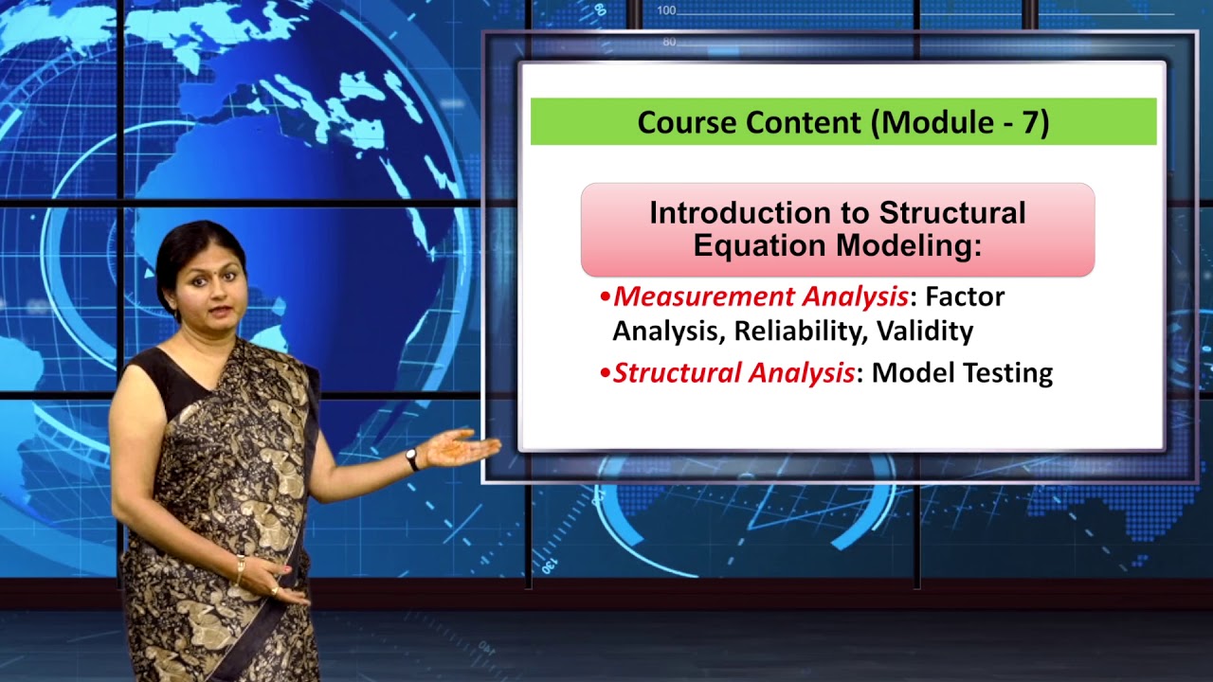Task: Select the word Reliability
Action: click(801, 332)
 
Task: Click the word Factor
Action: click(965, 296)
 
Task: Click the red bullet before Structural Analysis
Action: click(606, 373)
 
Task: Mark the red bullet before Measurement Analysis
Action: click(606, 297)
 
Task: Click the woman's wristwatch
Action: click(412, 459)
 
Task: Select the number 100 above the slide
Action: click(666, 10)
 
